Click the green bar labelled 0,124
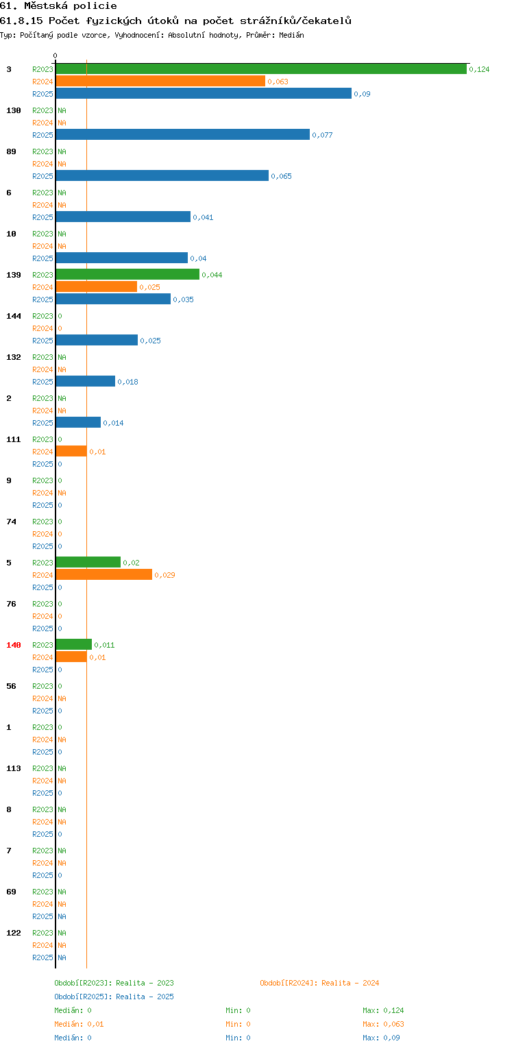(x=261, y=69)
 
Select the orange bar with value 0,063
(x=161, y=81)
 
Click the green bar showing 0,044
(x=128, y=274)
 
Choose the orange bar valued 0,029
(x=104, y=574)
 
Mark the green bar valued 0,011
(x=74, y=644)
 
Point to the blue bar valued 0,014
(x=78, y=422)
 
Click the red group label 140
(x=14, y=645)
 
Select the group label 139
(x=14, y=275)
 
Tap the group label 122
(x=14, y=933)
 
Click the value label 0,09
(x=362, y=94)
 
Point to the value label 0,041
(x=203, y=217)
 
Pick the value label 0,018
(x=127, y=382)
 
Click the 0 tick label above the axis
(x=56, y=56)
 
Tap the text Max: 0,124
(x=383, y=1010)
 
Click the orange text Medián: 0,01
(x=79, y=1024)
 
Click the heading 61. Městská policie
(x=58, y=6)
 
